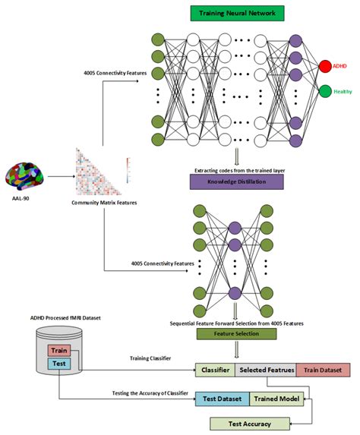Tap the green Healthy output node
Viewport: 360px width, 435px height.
pos(324,92)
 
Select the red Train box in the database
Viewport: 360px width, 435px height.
pos(58,351)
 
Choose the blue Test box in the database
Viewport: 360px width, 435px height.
pos(58,364)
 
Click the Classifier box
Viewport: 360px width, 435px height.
pos(216,370)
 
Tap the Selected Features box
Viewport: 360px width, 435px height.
pos(266,370)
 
